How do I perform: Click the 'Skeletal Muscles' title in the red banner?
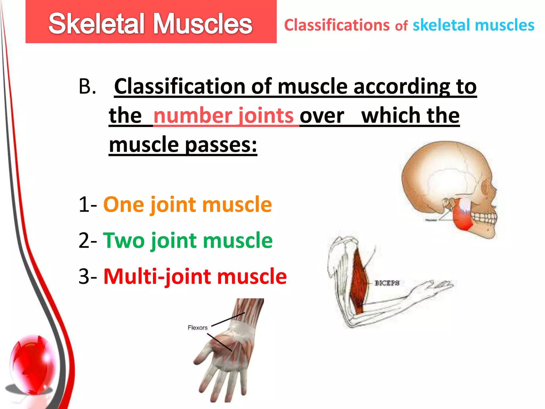tap(150, 24)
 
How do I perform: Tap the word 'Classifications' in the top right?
tap(337, 25)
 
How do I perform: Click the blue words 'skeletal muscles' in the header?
tap(473, 25)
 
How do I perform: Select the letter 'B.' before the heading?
tap(87, 87)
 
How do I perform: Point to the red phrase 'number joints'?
tap(224, 116)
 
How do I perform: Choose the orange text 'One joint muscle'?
tap(188, 204)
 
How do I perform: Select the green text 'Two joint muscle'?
tap(188, 240)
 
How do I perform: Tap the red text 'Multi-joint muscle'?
tap(195, 276)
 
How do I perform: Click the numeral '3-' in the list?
tap(88, 276)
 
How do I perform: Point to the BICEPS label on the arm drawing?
tap(387, 283)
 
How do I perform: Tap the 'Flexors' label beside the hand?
tap(197, 328)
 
